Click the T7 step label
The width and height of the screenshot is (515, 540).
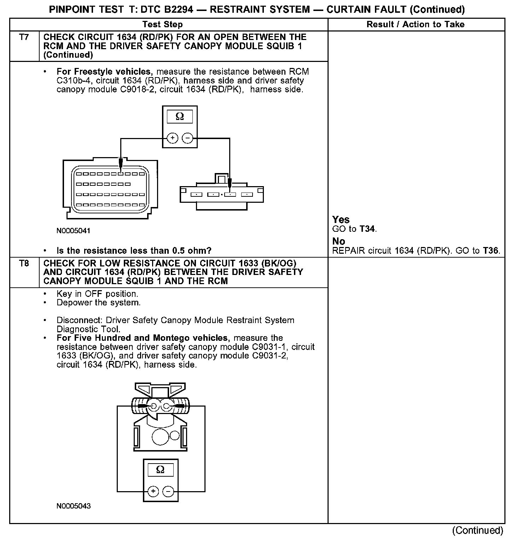[x=24, y=37]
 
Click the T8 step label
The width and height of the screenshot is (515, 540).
[x=24, y=263]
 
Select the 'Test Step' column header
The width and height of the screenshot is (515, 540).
[x=162, y=24]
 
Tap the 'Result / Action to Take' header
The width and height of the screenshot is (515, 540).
[x=416, y=24]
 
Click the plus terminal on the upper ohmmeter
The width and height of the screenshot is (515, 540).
[x=172, y=138]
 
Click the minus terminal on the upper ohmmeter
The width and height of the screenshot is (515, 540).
[x=187, y=138]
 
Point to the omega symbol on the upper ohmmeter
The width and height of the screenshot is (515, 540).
[x=180, y=116]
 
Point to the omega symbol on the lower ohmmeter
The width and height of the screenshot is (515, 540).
[x=160, y=470]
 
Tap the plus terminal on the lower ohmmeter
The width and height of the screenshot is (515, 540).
[x=153, y=491]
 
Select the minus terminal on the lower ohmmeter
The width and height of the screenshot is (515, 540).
[x=168, y=491]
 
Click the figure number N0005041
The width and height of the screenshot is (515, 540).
[x=73, y=231]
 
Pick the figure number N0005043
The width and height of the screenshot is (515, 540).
[x=74, y=506]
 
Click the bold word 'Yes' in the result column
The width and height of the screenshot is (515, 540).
[x=341, y=220]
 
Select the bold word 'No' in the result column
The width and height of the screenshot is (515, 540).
[x=338, y=241]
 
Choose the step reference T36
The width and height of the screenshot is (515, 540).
[x=490, y=251]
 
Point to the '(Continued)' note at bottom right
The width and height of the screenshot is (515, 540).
[x=478, y=530]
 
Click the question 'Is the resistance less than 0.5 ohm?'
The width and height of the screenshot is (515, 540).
[x=134, y=251]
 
